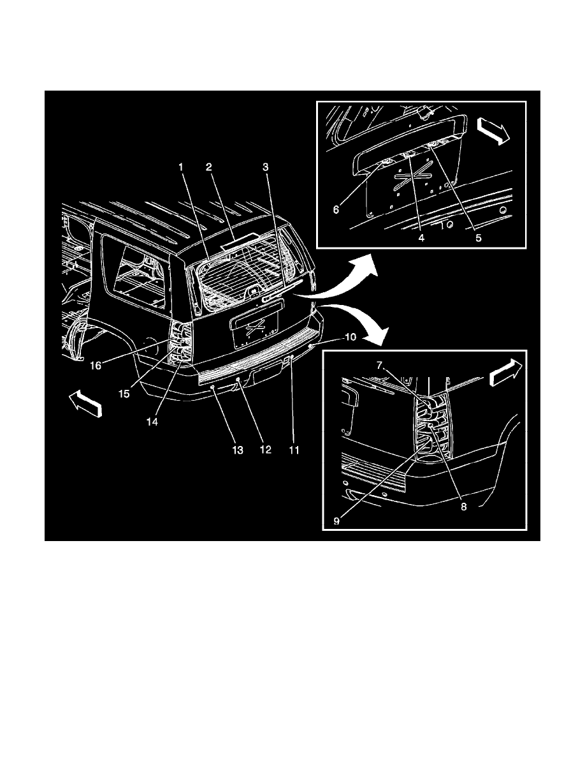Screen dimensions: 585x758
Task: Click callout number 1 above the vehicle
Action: [x=181, y=167]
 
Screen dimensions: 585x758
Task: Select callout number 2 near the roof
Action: [x=209, y=167]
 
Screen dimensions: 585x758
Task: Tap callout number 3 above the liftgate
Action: [x=266, y=167]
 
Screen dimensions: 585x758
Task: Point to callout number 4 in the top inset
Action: [x=421, y=238]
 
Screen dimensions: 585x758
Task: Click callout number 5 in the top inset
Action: [x=479, y=238]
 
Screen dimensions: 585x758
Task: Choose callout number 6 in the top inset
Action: [x=336, y=209]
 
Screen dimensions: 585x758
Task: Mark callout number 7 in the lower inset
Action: [x=380, y=366]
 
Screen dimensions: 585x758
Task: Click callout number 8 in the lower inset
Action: [x=464, y=507]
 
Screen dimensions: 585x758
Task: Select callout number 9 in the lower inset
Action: [x=336, y=521]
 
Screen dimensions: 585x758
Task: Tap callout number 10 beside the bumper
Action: [x=350, y=337]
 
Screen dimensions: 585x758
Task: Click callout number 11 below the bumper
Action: [x=294, y=450]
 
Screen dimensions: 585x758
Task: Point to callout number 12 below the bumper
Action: [x=266, y=450]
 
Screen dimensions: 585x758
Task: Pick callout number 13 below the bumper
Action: [x=238, y=450]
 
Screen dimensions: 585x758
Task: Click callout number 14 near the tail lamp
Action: [x=152, y=422]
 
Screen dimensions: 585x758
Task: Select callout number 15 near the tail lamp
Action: [x=124, y=394]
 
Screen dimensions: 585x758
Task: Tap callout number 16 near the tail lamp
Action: [x=96, y=366]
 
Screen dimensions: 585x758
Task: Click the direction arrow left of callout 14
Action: [x=86, y=404]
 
